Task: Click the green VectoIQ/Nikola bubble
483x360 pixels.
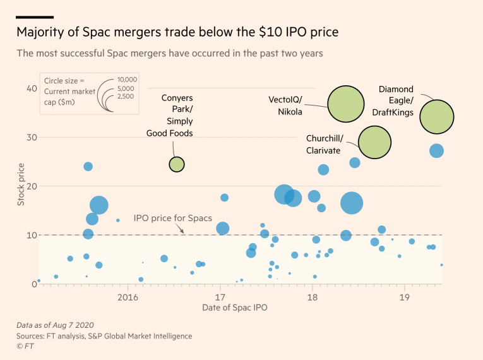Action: [346, 104]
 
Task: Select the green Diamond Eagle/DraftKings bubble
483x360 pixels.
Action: [437, 117]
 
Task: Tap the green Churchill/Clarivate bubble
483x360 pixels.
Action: [375, 142]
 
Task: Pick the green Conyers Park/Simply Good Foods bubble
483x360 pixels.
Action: [177, 164]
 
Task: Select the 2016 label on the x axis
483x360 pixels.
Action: [128, 297]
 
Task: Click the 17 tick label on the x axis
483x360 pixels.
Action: [220, 297]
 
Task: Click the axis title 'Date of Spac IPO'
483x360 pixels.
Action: [234, 308]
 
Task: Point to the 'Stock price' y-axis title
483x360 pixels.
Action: [21, 184]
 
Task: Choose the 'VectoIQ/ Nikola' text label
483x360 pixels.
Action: [285, 105]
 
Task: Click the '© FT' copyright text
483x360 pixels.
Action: [25, 346]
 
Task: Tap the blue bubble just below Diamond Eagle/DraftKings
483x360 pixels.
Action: [436, 150]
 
